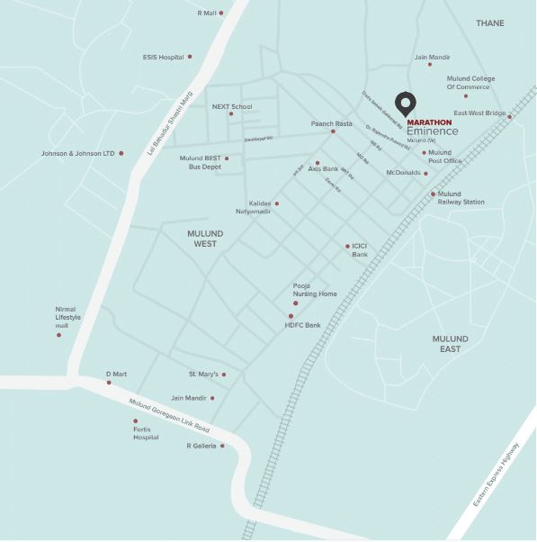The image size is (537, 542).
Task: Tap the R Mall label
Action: (x=207, y=13)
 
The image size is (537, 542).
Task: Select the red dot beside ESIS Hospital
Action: (x=190, y=57)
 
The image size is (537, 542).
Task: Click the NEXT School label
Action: (x=232, y=106)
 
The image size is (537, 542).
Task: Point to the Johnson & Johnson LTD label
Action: (x=77, y=153)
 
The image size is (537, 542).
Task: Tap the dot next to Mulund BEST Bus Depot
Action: (x=227, y=158)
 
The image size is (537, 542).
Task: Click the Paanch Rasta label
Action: (x=332, y=123)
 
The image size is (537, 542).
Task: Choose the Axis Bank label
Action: (x=323, y=168)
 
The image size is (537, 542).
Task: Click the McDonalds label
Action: (x=402, y=172)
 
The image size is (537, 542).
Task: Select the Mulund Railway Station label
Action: (x=461, y=198)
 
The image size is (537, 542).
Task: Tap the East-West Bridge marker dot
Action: (x=509, y=116)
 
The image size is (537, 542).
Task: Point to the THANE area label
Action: (x=490, y=23)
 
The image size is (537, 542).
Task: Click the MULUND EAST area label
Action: (x=450, y=343)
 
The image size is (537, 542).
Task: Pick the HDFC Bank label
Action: (x=302, y=324)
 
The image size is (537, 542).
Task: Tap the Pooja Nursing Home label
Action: (x=315, y=290)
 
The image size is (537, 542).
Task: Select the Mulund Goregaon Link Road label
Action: (x=169, y=415)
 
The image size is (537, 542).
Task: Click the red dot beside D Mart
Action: (x=109, y=383)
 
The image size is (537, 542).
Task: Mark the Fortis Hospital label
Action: (x=147, y=433)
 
